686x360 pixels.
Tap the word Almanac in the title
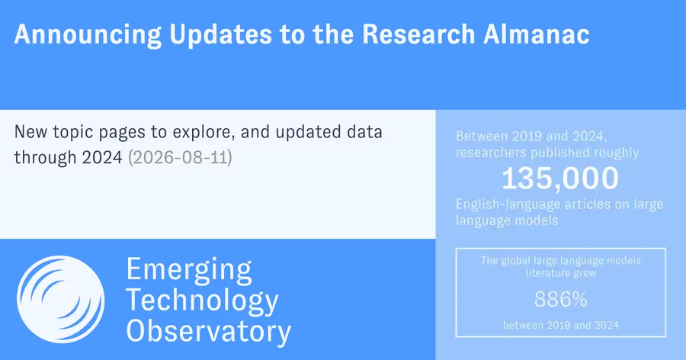pos(537,34)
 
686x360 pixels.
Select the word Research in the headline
pos(418,34)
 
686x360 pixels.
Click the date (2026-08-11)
pos(180,157)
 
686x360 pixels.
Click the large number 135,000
pos(560,178)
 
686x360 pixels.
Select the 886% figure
pos(560,300)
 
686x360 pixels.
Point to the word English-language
pos(508,204)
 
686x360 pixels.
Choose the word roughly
pos(617,153)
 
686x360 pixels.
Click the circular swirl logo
pos(61,300)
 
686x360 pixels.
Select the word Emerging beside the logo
pos(189,270)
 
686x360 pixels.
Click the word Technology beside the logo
pos(202,301)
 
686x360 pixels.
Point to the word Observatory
pos(209,331)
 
